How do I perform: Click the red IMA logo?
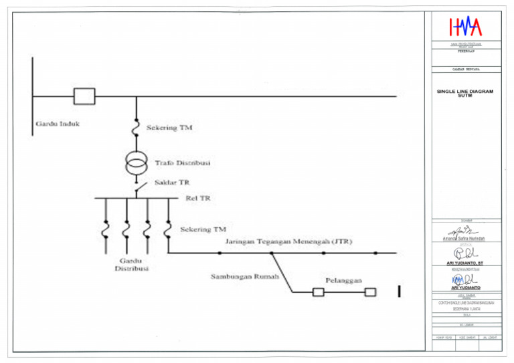point(465,27)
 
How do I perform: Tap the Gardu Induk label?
point(58,124)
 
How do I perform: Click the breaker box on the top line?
point(84,96)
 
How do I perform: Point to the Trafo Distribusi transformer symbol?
point(137,162)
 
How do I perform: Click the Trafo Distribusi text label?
point(183,162)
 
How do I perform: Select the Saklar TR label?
point(173,183)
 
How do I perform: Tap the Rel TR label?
point(197,198)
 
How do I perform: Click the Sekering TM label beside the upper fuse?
point(169,128)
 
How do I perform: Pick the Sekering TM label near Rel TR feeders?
point(203,229)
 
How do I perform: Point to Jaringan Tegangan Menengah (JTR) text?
point(289,241)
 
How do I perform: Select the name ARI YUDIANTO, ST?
point(464,263)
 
